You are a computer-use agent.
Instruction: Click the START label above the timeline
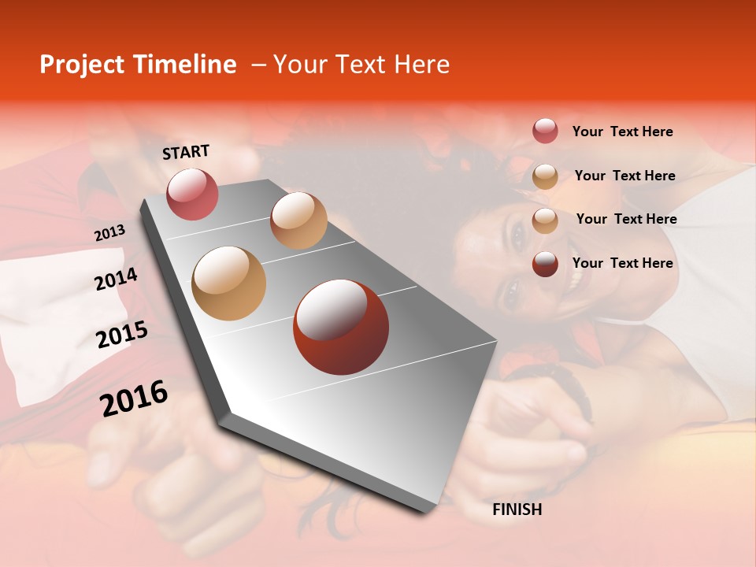[186, 152]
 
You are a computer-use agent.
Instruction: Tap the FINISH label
[517, 510]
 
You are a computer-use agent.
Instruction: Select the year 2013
[109, 233]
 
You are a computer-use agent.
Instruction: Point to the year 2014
[116, 280]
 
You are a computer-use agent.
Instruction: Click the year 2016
[134, 398]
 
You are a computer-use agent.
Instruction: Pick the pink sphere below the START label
[192, 194]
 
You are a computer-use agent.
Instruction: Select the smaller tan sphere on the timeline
[298, 220]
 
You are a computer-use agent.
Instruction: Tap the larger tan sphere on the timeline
[229, 283]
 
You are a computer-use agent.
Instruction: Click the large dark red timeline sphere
[340, 327]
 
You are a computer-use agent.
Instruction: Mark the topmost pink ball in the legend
[545, 132]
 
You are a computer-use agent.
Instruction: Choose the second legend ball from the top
[545, 176]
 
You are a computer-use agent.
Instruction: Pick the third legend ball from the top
[545, 220]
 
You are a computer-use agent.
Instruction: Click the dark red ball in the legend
[545, 264]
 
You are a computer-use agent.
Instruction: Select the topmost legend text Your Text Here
[622, 132]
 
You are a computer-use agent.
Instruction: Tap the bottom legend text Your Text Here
[622, 263]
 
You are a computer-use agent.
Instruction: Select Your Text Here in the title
[361, 65]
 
